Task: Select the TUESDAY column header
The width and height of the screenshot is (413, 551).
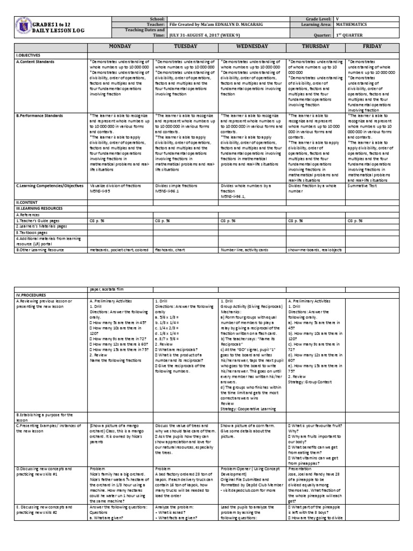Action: [186, 47]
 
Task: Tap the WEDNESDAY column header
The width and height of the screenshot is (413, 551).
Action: [252, 47]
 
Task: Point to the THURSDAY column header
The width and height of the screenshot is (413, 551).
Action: [316, 47]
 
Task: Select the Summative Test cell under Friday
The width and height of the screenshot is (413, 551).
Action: [362, 186]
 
